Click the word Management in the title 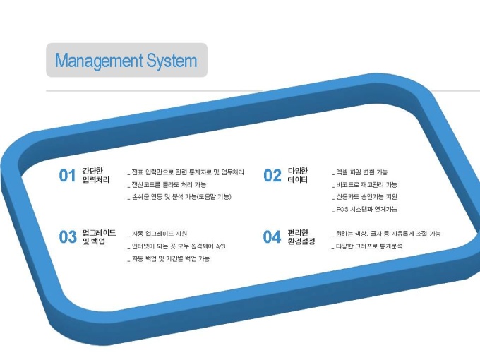(100, 61)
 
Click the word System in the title (172, 61)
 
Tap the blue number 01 (67, 176)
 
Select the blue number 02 (272, 176)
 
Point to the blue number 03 (68, 237)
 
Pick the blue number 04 (272, 237)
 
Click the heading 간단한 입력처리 (96, 175)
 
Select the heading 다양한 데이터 (298, 175)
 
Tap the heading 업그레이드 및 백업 (100, 237)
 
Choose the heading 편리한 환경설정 (301, 237)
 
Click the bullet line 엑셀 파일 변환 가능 (360, 172)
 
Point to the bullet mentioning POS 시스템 (365, 210)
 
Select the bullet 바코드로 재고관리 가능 (365, 185)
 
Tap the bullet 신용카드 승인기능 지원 (365, 197)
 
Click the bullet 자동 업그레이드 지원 (157, 234)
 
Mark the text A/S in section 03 (220, 246)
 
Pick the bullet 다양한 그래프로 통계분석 (367, 246)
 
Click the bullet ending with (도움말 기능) (179, 197)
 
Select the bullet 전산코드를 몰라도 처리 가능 (167, 185)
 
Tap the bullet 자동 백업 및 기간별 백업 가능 (169, 259)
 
